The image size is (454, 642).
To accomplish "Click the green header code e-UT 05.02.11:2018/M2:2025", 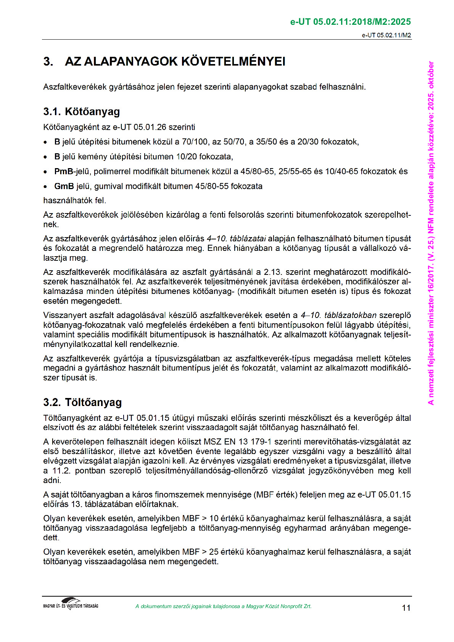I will tap(350, 22).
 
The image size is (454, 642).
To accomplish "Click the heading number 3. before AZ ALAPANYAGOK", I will tap(48, 61).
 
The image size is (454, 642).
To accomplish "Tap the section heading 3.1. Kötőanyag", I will tap(81, 111).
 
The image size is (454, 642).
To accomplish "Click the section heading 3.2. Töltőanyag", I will tap(82, 402).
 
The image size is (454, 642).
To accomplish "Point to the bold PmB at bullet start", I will tap(63, 171).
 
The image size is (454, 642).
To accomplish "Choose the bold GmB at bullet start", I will tap(64, 186).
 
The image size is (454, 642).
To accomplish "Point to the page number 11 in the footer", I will tap(406, 608).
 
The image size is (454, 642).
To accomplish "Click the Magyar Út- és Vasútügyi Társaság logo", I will tap(71, 603).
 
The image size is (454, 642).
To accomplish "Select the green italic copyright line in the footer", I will tap(223, 606).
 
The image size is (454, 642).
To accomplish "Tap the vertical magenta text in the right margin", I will tap(431, 233).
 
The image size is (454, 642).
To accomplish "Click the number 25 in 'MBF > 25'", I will tap(214, 552).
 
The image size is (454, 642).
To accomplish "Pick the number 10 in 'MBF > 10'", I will tap(214, 518).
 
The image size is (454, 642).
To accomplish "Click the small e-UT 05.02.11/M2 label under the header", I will tap(386, 35).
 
